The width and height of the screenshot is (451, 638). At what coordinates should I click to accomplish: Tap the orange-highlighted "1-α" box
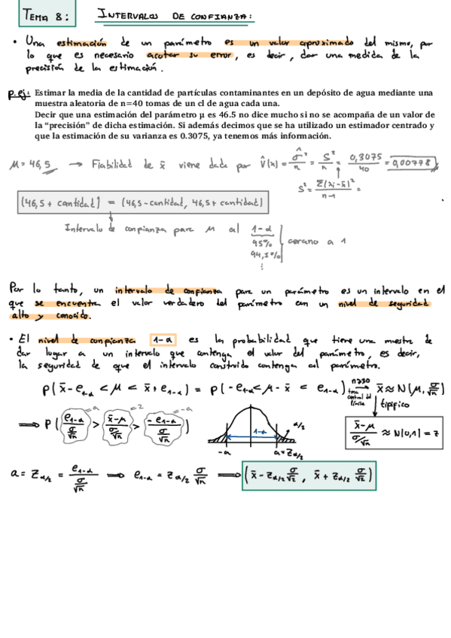(x=163, y=340)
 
